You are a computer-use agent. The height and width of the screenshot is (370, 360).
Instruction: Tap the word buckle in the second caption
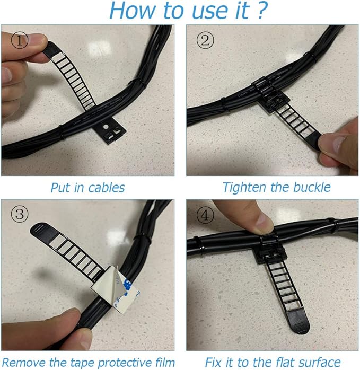click(312, 187)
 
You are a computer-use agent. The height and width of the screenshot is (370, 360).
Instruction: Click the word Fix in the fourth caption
click(213, 362)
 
